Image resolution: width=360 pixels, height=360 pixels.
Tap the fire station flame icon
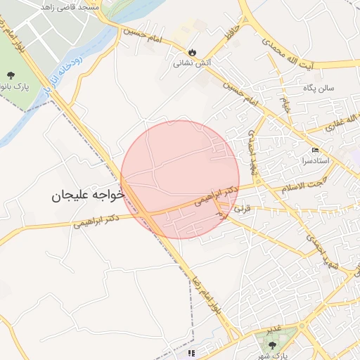pos(192,51)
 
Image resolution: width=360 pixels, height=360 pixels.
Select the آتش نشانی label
pos(192,63)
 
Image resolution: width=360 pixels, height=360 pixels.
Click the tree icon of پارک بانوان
pos(11,75)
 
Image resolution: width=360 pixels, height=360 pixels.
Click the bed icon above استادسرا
pos(315,150)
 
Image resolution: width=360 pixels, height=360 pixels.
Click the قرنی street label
pos(241,209)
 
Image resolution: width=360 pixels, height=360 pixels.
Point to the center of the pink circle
pos(180,179)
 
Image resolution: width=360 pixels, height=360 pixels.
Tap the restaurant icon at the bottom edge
pos(192,354)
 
